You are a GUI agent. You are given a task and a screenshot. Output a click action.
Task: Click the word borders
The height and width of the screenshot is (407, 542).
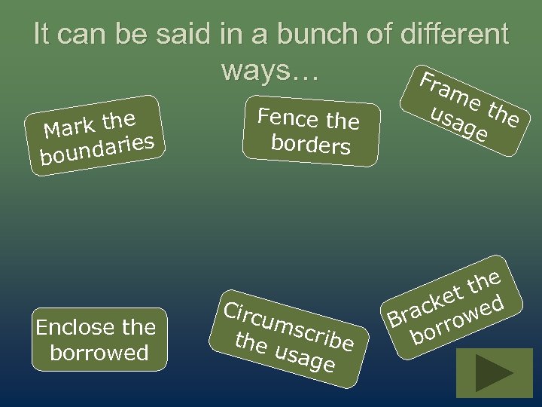pyautogui.click(x=310, y=144)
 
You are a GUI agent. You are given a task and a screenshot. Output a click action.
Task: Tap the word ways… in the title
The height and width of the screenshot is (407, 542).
pyautogui.click(x=271, y=70)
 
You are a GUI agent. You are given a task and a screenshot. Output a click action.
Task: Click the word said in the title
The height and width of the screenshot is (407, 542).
pyautogui.click(x=187, y=35)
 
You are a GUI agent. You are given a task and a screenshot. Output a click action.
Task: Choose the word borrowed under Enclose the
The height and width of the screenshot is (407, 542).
pyautogui.click(x=99, y=353)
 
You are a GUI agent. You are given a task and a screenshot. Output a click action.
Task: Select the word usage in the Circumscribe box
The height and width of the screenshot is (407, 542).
pyautogui.click(x=305, y=357)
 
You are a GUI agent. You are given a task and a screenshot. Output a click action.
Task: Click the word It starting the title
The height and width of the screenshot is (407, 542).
pyautogui.click(x=43, y=35)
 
